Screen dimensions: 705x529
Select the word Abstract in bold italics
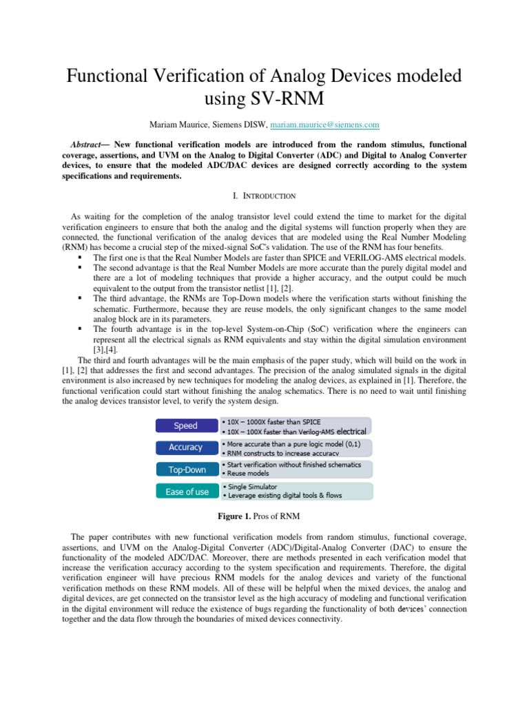tap(89, 145)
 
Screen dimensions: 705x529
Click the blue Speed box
tap(185, 425)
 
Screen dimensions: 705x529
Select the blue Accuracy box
tap(185, 448)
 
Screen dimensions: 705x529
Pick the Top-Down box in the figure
tap(185, 470)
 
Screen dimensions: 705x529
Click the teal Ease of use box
tap(185, 492)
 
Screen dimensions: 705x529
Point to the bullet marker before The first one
tap(81, 258)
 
